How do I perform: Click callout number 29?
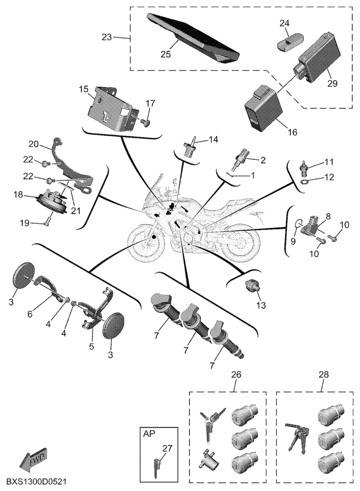pyautogui.click(x=332, y=83)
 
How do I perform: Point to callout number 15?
pyautogui.click(x=84, y=89)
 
